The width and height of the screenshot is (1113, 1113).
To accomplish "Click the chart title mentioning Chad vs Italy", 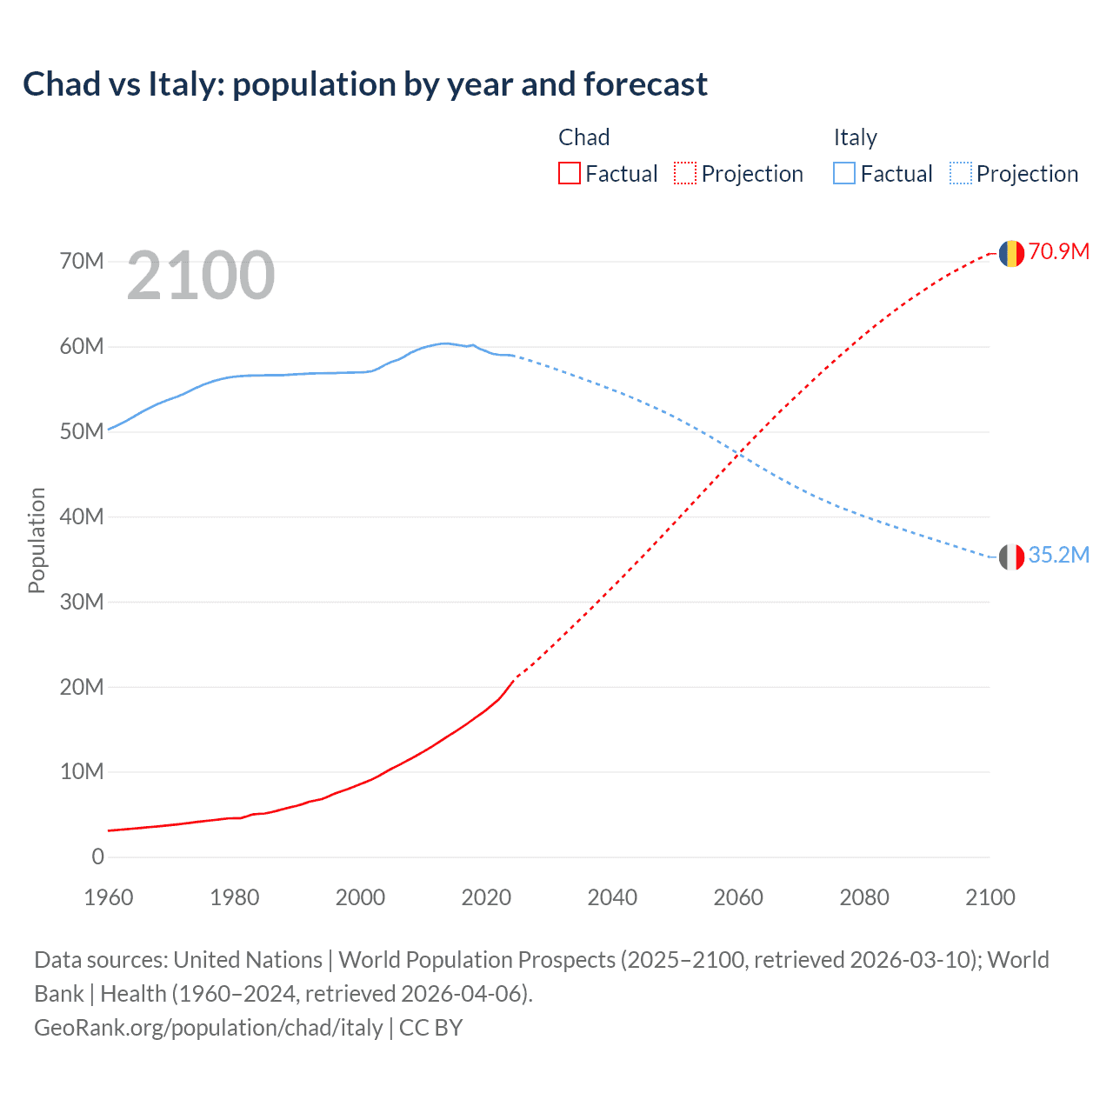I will (365, 84).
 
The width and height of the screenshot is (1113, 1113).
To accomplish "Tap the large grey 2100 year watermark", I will (201, 276).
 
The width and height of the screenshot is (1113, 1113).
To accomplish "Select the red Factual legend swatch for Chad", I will (569, 173).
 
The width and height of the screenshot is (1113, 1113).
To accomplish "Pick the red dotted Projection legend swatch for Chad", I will (685, 173).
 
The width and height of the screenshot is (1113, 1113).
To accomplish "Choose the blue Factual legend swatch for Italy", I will (844, 173).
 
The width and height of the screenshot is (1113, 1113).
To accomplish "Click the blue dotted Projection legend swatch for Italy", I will (961, 173).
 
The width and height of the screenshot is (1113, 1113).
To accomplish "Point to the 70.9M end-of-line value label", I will (1059, 251).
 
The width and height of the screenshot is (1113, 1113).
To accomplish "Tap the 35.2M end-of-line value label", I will (1059, 555).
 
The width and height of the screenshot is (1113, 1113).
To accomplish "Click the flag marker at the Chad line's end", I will (1010, 253).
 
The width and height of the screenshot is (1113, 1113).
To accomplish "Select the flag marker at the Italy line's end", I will (1010, 556).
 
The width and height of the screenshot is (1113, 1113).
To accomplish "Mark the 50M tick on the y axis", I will (82, 431).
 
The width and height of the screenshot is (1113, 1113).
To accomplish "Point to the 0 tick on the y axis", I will (97, 856).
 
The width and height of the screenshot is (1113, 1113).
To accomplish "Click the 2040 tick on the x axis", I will (612, 897).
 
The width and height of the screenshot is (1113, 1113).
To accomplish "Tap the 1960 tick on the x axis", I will (109, 897).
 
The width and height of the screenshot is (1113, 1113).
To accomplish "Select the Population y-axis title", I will (37, 540).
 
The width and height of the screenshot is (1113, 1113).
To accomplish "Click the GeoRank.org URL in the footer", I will (209, 1028).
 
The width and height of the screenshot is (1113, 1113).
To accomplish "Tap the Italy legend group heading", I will (855, 137).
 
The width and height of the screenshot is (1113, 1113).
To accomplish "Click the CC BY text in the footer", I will (431, 1028).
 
